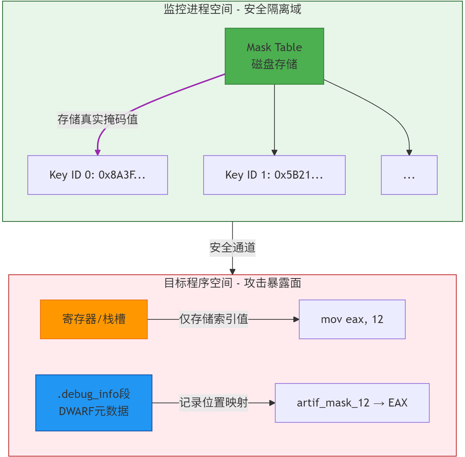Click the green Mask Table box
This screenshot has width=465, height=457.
[274, 56]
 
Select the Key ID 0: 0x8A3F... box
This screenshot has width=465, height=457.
[97, 175]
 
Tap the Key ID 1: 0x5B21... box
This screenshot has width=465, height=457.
[274, 175]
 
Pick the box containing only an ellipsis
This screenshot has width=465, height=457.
[409, 175]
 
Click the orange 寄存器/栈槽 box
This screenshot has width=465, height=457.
[94, 319]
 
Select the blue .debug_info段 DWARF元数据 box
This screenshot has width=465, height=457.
[94, 402]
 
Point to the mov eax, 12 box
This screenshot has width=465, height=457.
[352, 319]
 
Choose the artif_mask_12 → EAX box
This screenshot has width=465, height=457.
[352, 402]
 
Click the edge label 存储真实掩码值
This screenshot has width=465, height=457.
[97, 119]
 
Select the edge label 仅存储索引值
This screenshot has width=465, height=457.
[214, 319]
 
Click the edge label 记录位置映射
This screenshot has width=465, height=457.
[214, 402]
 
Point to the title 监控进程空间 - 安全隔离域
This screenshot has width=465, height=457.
[232, 9]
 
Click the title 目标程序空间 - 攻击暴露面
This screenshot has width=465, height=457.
[232, 283]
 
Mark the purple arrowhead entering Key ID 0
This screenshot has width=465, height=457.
[98, 152]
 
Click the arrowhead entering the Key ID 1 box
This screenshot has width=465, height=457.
[274, 152]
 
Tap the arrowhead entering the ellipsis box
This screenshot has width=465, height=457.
[409, 152]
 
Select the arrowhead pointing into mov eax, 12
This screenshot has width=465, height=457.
[296, 319]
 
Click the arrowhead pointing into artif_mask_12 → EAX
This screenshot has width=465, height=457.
[272, 403]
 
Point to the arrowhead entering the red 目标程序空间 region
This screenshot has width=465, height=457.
[232, 272]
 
